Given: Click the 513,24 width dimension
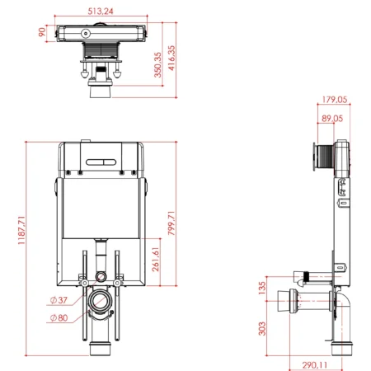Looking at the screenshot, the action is click(101, 12).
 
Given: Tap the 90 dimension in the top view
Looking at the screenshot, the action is click(42, 32).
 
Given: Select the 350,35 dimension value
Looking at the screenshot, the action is click(157, 65).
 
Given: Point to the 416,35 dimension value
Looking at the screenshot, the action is click(171, 58).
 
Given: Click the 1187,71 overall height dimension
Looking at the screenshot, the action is click(21, 230).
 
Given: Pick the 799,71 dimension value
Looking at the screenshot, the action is click(171, 223).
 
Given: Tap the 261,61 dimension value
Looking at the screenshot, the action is click(156, 259).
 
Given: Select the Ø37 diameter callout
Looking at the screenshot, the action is click(59, 300).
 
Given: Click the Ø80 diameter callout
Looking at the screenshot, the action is click(59, 318).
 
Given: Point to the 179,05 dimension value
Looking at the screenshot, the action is click(335, 99).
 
